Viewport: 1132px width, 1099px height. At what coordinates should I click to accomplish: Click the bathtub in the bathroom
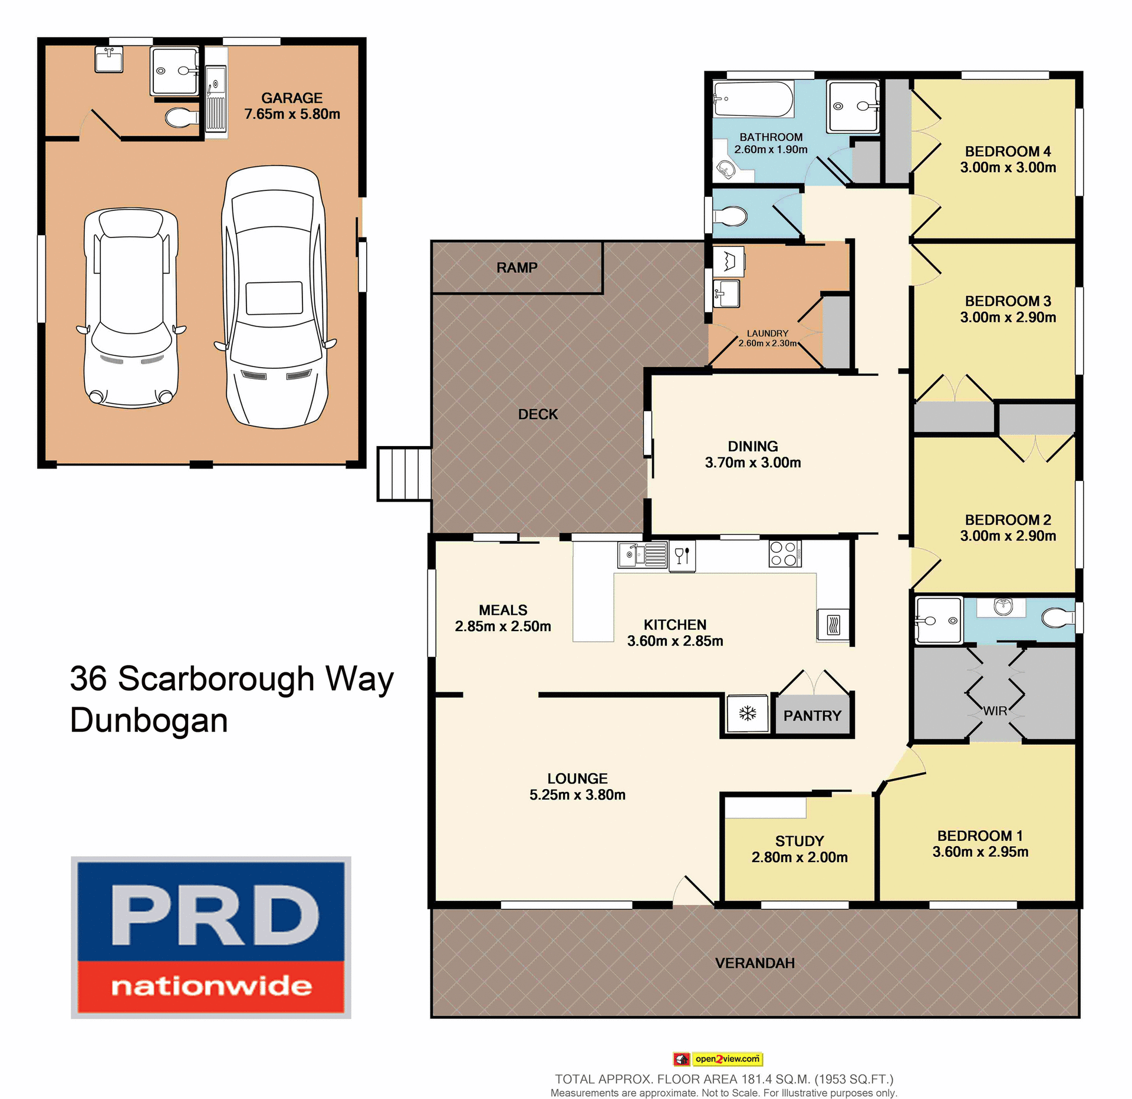click(x=753, y=99)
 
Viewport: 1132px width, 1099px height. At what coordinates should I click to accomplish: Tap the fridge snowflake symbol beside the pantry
click(x=748, y=714)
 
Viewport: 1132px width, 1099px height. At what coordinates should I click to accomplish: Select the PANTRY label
click(x=812, y=716)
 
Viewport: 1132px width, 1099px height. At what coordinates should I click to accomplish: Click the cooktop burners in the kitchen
click(x=785, y=553)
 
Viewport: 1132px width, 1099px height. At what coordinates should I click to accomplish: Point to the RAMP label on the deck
click(x=516, y=268)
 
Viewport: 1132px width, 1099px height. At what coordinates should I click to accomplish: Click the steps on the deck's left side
click(x=404, y=474)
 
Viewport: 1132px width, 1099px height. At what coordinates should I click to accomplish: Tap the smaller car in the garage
click(x=131, y=308)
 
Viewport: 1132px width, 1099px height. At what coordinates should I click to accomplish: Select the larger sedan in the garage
click(x=275, y=298)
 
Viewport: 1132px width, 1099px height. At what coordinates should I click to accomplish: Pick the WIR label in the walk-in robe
click(x=995, y=711)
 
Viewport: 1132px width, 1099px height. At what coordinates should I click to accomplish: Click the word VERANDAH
click(x=755, y=963)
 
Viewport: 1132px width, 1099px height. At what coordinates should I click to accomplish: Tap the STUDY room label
click(x=799, y=841)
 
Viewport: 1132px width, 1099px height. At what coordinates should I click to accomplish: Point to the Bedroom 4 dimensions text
click(x=1008, y=168)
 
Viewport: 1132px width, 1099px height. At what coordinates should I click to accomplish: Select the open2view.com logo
click(x=718, y=1059)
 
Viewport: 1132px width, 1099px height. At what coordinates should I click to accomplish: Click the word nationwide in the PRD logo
click(x=211, y=986)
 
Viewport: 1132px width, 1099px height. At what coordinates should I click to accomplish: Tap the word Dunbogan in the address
click(x=149, y=721)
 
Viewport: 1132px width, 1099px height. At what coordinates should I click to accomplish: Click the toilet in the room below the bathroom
click(x=730, y=216)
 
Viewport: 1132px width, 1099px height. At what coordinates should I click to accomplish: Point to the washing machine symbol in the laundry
click(x=729, y=260)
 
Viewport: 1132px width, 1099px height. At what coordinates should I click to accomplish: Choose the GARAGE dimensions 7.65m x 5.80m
click(x=292, y=114)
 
